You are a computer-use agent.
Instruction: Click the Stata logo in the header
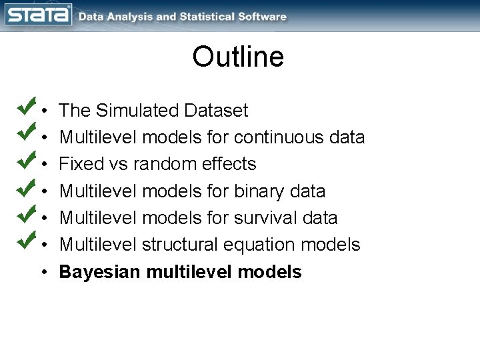[38, 15]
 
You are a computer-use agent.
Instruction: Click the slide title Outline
[238, 57]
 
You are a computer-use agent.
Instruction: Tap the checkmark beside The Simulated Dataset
[26, 105]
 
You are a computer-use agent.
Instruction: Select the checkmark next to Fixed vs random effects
[26, 159]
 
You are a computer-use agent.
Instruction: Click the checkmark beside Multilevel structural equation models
[26, 239]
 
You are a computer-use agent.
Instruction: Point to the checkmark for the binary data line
[26, 186]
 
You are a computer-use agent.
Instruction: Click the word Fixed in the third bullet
[77, 164]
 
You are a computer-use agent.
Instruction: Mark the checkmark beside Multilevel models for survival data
[26, 213]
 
